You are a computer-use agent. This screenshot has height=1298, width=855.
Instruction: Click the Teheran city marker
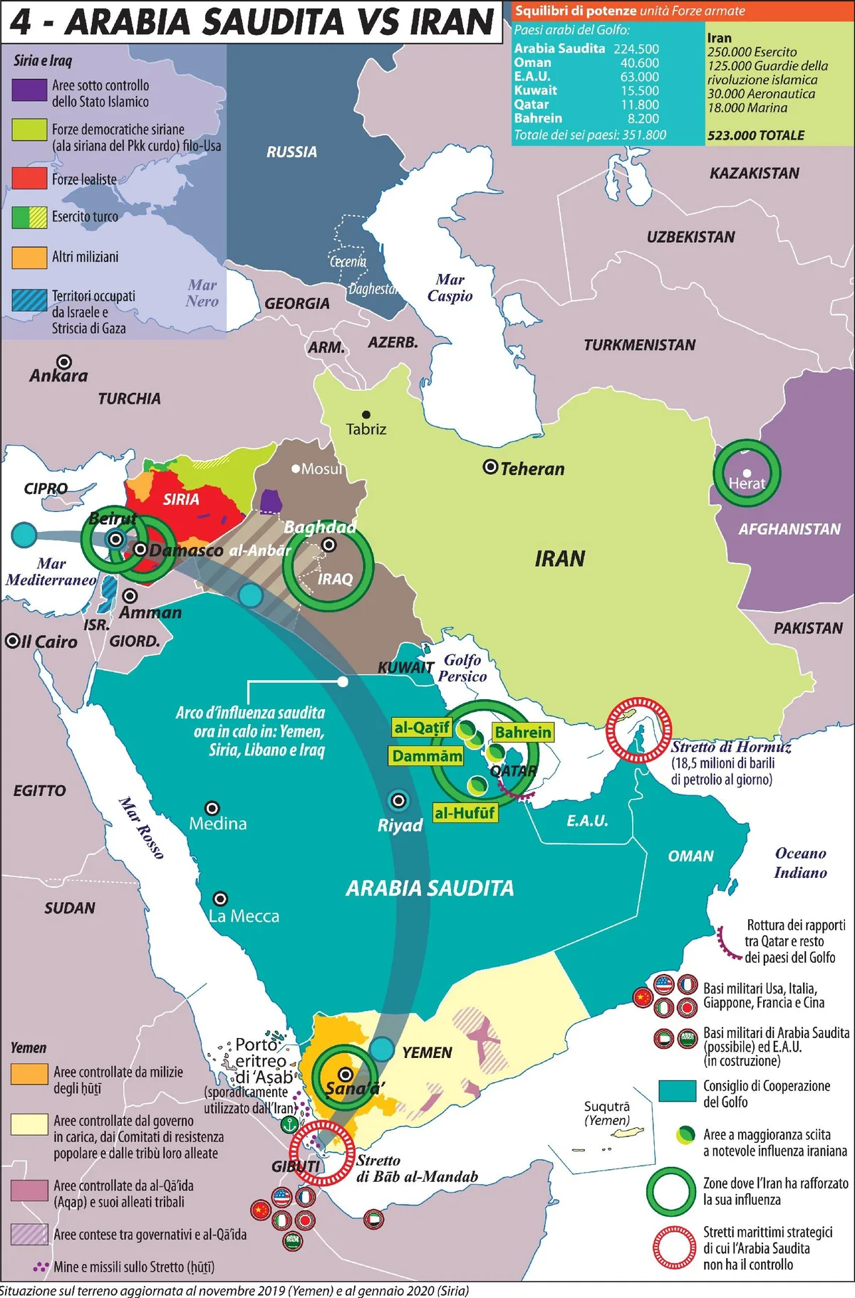(490, 467)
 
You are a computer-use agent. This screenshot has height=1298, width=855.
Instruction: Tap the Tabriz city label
(366, 429)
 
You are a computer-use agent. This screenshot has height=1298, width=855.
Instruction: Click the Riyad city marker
(398, 800)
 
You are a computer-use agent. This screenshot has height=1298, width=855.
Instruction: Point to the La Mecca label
(244, 916)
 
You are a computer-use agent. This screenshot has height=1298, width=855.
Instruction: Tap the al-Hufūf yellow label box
(465, 813)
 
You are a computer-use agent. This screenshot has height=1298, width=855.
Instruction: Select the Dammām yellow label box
(427, 756)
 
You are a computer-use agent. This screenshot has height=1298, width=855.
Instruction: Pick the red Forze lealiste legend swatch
(29, 178)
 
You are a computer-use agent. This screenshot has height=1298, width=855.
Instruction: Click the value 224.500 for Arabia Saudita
(636, 49)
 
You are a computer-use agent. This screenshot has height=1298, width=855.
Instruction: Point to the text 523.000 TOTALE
(755, 135)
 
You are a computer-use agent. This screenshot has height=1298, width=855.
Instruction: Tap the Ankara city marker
(64, 362)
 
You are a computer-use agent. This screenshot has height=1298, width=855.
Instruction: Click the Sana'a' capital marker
(346, 1074)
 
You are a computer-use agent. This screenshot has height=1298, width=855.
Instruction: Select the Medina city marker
(212, 808)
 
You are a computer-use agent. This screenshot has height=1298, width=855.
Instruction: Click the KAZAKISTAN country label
(754, 174)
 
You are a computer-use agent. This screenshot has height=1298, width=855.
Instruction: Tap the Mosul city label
(322, 469)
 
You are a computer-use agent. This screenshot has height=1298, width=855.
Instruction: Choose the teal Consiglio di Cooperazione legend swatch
(677, 1091)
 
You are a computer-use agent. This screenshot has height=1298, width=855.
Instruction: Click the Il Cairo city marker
(13, 641)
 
